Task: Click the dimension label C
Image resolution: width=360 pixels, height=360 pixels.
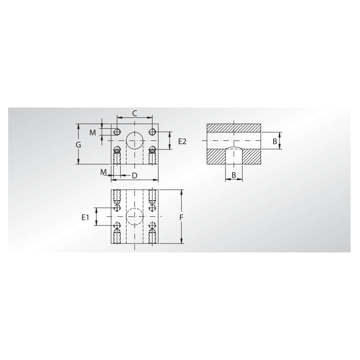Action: pyautogui.click(x=135, y=113)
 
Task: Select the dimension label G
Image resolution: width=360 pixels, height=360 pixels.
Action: pyautogui.click(x=78, y=144)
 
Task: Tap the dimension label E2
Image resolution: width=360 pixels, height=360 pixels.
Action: pyautogui.click(x=182, y=141)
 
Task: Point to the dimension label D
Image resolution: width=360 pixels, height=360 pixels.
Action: pyautogui.click(x=135, y=175)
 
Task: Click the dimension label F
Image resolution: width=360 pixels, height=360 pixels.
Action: pyautogui.click(x=181, y=217)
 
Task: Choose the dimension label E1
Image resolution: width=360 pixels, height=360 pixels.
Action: pyautogui.click(x=85, y=217)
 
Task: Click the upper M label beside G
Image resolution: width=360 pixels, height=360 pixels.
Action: pyautogui.click(x=93, y=132)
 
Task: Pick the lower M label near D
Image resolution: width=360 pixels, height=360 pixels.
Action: pyautogui.click(x=103, y=172)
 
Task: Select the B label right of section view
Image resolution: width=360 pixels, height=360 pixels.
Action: pyautogui.click(x=275, y=141)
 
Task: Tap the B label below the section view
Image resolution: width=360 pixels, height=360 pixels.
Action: pyautogui.click(x=234, y=175)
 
